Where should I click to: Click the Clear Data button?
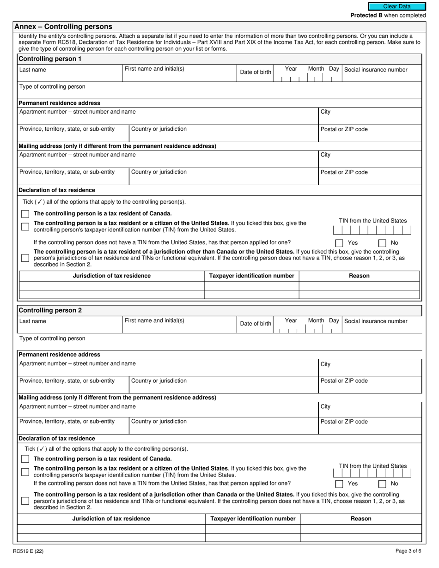[x=396, y=6]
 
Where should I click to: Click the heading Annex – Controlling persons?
[x=63, y=27]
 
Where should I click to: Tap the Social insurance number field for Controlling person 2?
[x=382, y=325]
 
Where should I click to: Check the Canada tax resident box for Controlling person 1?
[x=25, y=214]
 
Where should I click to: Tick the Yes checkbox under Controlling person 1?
[x=339, y=243]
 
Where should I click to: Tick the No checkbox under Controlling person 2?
[x=382, y=484]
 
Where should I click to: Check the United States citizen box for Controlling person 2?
[x=25, y=471]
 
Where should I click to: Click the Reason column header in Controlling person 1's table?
[x=359, y=276]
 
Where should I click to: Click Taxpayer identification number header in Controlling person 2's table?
[x=253, y=519]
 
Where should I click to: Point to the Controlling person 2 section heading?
[x=50, y=310]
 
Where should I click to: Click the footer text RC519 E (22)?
[x=28, y=550]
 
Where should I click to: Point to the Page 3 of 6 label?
[x=408, y=550]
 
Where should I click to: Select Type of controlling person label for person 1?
[x=52, y=87]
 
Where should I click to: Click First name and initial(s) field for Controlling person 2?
[x=179, y=325]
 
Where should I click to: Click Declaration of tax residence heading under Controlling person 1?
[x=57, y=190]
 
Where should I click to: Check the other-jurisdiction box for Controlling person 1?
[x=25, y=258]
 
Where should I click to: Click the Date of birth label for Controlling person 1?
[x=256, y=72]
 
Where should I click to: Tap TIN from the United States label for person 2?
[x=373, y=466]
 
